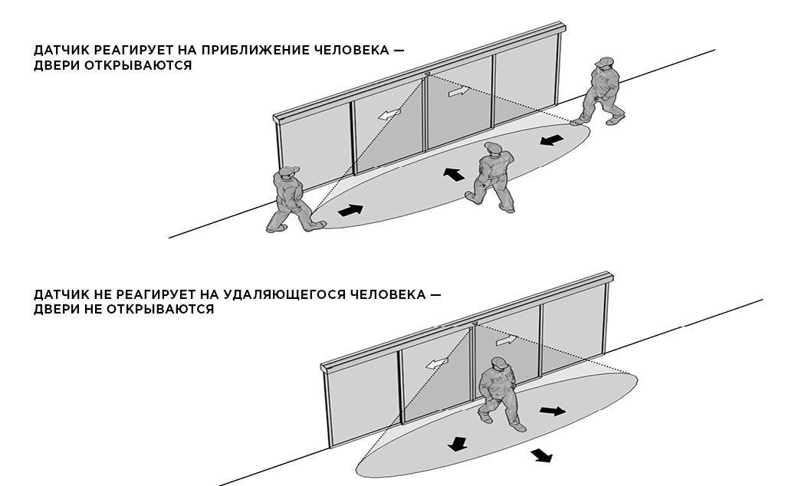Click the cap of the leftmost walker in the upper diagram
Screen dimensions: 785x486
[289, 171]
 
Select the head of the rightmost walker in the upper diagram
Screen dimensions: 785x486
[604, 64]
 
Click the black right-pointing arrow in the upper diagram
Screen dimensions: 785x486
[350, 210]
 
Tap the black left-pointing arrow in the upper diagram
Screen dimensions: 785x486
[552, 140]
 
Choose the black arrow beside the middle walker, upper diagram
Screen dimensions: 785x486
[454, 174]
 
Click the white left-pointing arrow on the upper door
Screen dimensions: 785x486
[389, 114]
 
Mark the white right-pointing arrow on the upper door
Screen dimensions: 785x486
[459, 91]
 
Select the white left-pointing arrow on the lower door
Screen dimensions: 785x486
[436, 363]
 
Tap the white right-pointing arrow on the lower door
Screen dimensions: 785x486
[506, 340]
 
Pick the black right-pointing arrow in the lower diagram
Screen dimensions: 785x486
[553, 411]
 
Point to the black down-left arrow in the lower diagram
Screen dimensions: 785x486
[458, 444]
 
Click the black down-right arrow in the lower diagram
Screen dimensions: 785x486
[542, 455]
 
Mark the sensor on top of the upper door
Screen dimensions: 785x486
[427, 74]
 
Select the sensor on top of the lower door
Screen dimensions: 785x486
[474, 324]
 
